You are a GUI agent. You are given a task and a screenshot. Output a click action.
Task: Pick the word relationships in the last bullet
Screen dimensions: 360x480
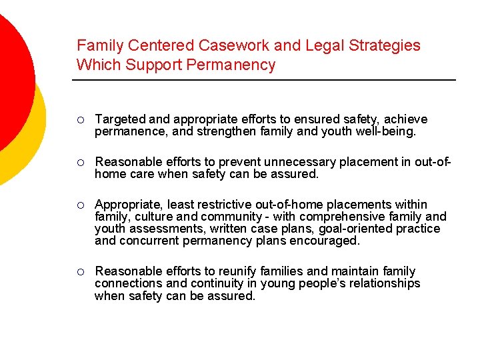coord(385,283)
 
